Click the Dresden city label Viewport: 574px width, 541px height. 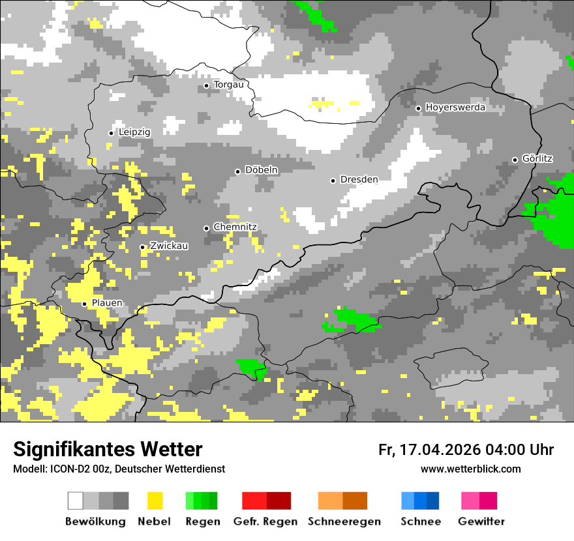click(359, 179)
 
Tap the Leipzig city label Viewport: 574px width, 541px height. click(134, 132)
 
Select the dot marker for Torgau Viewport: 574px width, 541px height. click(206, 85)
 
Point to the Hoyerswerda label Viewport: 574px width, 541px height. click(455, 108)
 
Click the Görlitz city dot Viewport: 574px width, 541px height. click(515, 160)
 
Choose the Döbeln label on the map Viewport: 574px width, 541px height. click(261, 170)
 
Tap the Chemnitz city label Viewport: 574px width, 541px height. click(235, 227)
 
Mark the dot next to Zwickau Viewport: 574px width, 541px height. click(142, 247)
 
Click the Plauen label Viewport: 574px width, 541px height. click(106, 303)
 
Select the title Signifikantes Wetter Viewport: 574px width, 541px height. click(108, 449)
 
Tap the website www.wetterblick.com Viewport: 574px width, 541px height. click(470, 469)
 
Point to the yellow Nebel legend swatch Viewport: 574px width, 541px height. click(155, 501)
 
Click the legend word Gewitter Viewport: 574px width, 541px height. click(481, 521)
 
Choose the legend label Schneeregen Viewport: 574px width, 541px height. click(344, 521)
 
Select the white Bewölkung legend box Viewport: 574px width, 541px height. click(76, 501)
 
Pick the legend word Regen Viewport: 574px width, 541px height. click(202, 521)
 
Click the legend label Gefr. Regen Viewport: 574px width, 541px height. click(265, 521)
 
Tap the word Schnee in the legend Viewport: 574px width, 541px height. click(420, 521)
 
